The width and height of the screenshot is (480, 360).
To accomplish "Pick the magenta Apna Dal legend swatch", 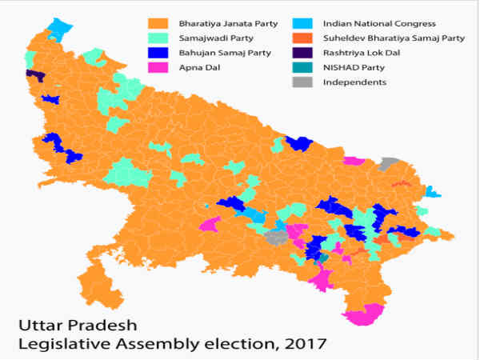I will pos(164,67).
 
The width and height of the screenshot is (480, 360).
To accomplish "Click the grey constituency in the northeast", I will pos(390,164).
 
